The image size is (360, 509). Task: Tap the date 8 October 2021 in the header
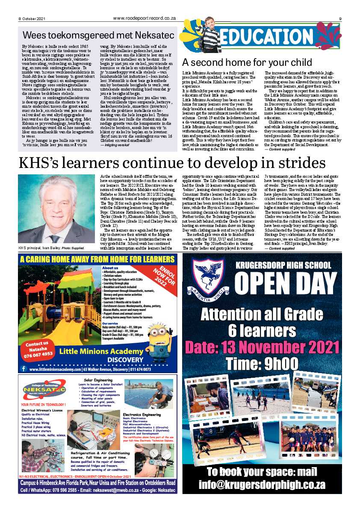[32, 18]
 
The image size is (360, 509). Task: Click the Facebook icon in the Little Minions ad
[24, 369]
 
